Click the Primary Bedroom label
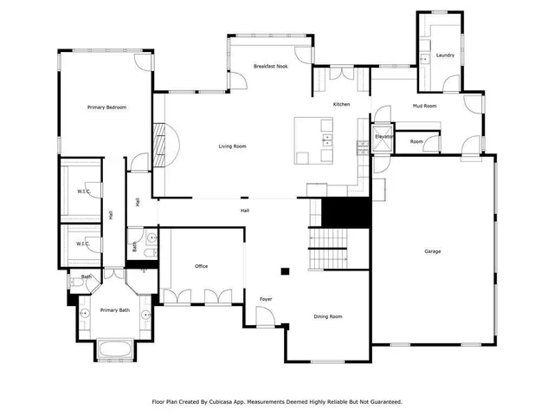(107, 107)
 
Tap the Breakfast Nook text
(270, 66)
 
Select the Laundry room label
(445, 55)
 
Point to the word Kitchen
(342, 104)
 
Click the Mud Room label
(424, 106)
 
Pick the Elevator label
(383, 137)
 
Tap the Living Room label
(232, 146)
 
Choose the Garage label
(432, 251)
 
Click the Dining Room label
(327, 316)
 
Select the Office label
(201, 266)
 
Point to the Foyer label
(266, 300)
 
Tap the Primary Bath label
(114, 310)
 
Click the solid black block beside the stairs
(346, 211)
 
